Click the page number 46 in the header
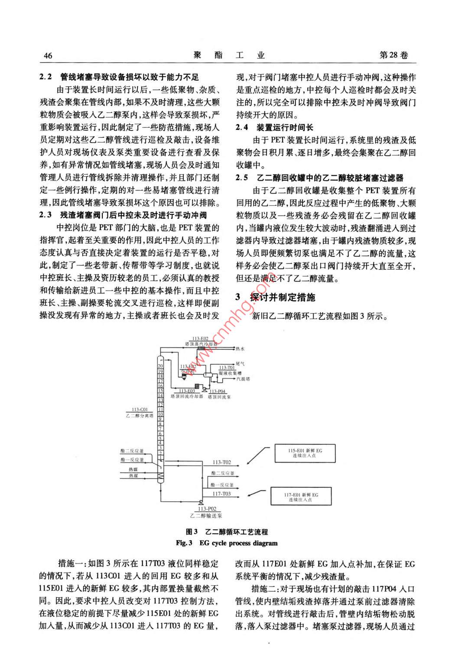pos(48,56)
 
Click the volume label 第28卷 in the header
pos(393,55)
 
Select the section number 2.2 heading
pos(45,77)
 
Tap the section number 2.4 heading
pos(242,127)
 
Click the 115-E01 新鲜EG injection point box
pos(305,453)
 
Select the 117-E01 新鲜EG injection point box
pos(301,497)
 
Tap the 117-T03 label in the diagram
pos(221,493)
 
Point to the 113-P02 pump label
pos(207,508)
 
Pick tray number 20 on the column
pos(160,366)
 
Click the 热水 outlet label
pos(240,349)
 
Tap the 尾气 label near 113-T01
pos(240,364)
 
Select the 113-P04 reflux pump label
pos(217,391)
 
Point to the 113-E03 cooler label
pos(187,391)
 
